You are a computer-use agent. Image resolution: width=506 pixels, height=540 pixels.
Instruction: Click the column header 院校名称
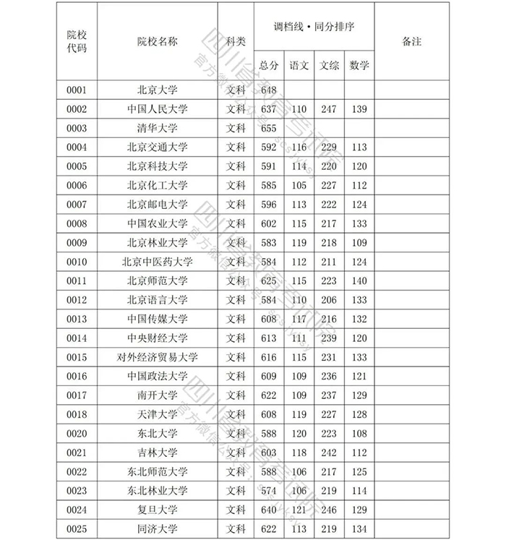(x=157, y=41)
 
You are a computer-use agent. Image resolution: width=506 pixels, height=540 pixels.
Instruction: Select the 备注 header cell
(x=411, y=41)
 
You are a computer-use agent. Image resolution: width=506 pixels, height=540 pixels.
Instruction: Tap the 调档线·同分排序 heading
(x=314, y=26)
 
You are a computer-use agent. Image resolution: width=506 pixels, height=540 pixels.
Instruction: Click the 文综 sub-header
(x=329, y=65)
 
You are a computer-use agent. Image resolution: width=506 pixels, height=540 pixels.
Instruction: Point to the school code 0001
(x=77, y=90)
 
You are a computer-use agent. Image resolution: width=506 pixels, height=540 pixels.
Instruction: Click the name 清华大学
(x=157, y=129)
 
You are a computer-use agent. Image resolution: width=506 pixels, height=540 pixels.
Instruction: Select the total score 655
(x=269, y=129)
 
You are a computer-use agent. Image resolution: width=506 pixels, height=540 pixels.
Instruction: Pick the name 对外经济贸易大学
(x=157, y=357)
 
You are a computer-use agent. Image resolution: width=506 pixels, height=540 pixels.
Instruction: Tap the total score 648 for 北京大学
(x=269, y=90)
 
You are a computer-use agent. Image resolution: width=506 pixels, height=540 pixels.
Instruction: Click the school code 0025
(x=77, y=528)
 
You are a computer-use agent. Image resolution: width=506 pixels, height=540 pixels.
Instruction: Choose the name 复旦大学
(x=157, y=510)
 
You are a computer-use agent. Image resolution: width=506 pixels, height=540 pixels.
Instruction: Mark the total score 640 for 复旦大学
(x=269, y=510)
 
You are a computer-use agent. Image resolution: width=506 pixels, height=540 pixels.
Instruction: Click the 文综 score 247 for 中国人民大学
(x=329, y=109)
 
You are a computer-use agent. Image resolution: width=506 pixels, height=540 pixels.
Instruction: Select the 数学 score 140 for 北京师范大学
(x=359, y=280)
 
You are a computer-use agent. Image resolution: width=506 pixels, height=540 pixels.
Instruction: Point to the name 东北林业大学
(x=157, y=491)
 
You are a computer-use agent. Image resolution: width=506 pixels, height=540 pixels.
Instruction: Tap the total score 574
(x=269, y=491)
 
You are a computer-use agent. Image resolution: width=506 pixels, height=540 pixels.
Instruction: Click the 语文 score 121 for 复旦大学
(x=299, y=510)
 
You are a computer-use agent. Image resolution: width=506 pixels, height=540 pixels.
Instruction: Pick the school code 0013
(x=77, y=319)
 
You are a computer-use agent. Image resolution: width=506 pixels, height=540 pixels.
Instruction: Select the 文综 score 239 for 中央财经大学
(x=329, y=338)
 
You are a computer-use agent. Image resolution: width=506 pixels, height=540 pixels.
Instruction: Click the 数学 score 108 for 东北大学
(x=359, y=434)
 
